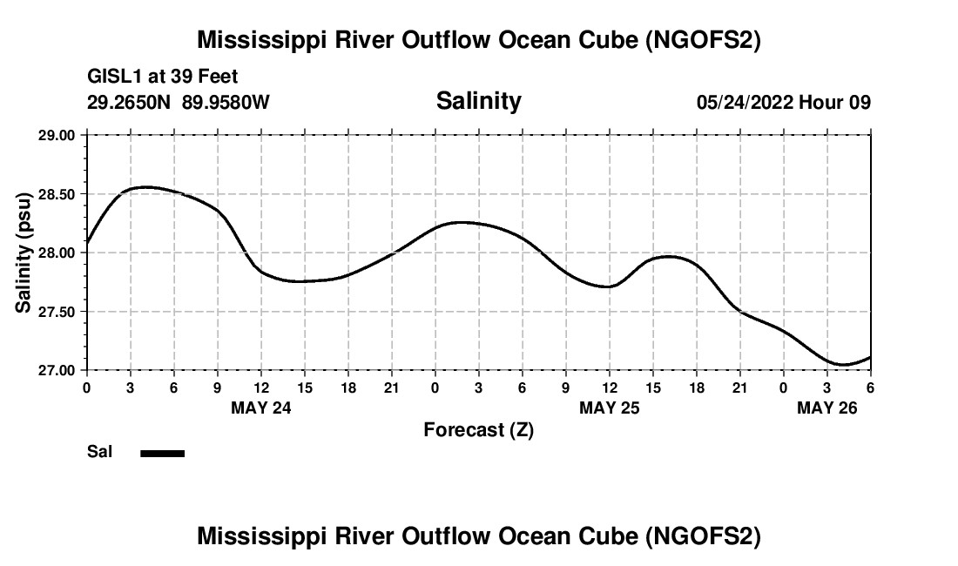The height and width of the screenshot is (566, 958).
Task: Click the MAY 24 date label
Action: click(261, 408)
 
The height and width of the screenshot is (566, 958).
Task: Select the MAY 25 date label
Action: click(610, 408)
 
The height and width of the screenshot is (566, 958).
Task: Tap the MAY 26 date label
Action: click(827, 408)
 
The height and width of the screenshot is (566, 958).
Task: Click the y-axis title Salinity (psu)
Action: click(24, 253)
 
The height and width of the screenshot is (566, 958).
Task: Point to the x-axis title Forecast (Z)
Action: click(478, 430)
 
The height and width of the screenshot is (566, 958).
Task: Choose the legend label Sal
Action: click(99, 452)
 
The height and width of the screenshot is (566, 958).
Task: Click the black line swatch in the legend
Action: click(162, 453)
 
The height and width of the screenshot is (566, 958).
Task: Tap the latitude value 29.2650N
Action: click(130, 102)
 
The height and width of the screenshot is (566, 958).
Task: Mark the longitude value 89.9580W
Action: click(226, 102)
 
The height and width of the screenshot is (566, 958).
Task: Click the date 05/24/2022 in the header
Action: click(745, 102)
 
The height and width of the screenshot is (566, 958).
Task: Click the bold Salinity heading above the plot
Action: click(478, 101)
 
